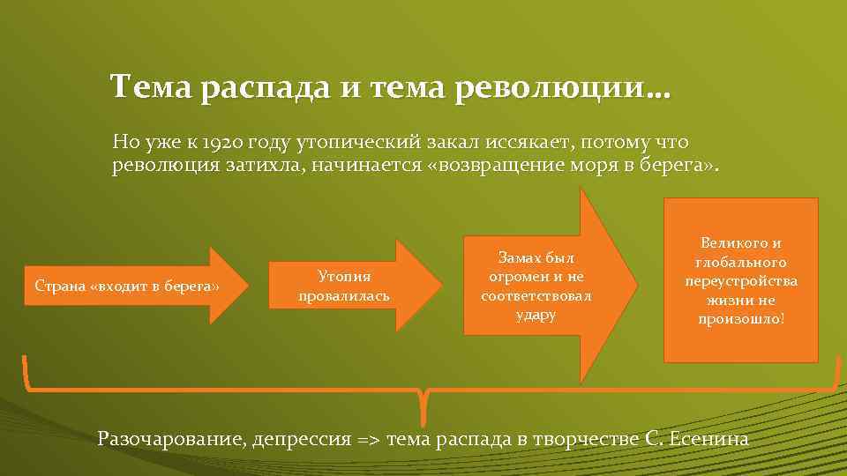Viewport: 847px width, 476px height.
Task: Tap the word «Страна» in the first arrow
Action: click(59, 286)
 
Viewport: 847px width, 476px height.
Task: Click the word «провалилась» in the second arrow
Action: click(343, 296)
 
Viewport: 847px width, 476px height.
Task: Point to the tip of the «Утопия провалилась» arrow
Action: click(440, 286)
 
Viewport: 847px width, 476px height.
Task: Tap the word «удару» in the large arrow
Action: click(536, 315)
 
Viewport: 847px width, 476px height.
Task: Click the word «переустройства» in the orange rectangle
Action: click(740, 281)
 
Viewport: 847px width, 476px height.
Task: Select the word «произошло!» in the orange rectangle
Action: click(740, 319)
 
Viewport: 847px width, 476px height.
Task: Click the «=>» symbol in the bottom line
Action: click(364, 439)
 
